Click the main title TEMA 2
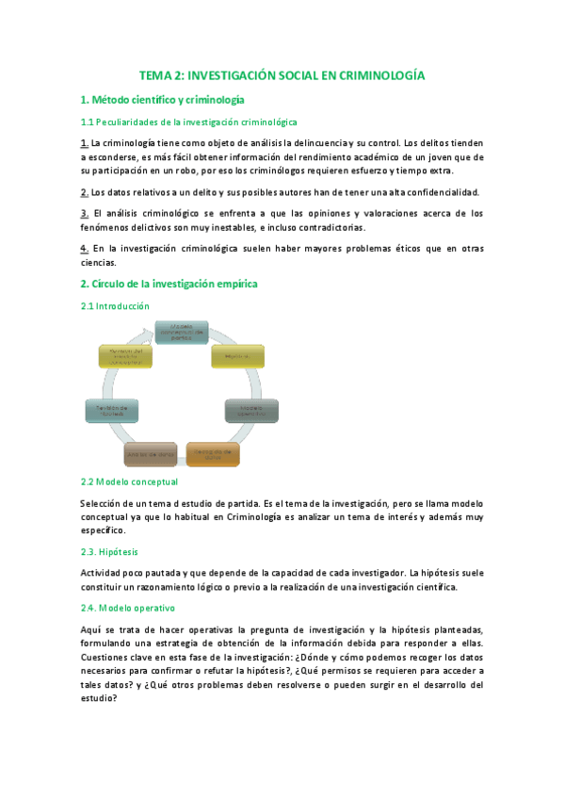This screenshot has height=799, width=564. pyautogui.click(x=282, y=74)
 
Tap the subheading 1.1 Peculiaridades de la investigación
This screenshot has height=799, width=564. pyautogui.click(x=188, y=122)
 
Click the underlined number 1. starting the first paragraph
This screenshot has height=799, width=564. pyautogui.click(x=85, y=143)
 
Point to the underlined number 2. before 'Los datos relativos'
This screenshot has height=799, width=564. pyautogui.click(x=85, y=192)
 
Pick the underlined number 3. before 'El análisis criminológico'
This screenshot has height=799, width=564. pyautogui.click(x=85, y=214)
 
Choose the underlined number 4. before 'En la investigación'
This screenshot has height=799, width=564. pyautogui.click(x=85, y=249)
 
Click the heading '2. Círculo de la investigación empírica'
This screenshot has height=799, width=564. pyautogui.click(x=169, y=284)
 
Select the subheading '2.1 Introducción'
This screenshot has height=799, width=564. pyautogui.click(x=115, y=306)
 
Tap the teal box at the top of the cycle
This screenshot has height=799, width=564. pyautogui.click(x=181, y=333)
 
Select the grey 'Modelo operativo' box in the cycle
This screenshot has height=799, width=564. pyautogui.click(x=251, y=411)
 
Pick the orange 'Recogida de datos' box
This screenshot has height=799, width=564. pyautogui.click(x=213, y=454)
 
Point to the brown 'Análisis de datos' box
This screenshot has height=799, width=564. pyautogui.click(x=151, y=455)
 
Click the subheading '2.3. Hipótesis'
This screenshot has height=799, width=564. pyautogui.click(x=110, y=551)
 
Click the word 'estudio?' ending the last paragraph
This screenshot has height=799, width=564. pyautogui.click(x=101, y=699)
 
